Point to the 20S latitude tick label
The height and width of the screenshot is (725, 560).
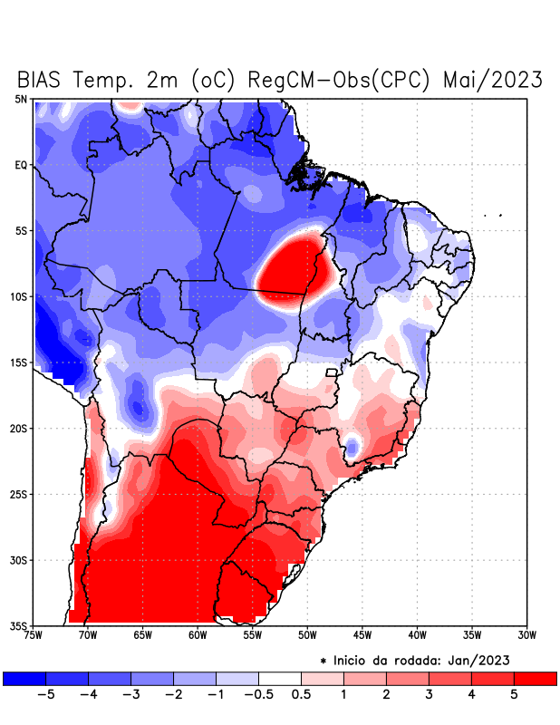20,429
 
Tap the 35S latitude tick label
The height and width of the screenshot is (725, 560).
20,625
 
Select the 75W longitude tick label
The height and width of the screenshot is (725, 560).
33,635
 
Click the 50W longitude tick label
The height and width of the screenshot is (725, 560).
306,635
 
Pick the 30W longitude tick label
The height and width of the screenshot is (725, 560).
526,635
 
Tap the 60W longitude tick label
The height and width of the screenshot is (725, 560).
198,635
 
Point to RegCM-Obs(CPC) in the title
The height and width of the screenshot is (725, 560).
342,80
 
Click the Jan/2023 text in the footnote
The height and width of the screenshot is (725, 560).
502,659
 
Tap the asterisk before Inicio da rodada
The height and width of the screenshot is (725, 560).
323,660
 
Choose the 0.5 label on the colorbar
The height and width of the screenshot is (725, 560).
301,695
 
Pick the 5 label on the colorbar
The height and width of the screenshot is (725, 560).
514,695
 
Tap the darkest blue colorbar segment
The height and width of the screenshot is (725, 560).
24,678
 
